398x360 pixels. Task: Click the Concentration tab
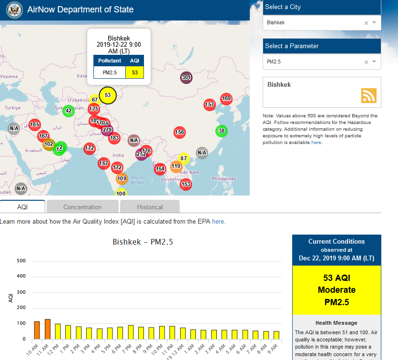tap(82, 207)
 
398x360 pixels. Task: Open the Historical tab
tap(150, 207)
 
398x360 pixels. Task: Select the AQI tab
tap(22, 207)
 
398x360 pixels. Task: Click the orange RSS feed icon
tap(368, 95)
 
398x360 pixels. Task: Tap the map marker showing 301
tap(186, 77)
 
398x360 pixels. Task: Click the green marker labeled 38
tap(221, 131)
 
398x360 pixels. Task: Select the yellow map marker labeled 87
tap(184, 158)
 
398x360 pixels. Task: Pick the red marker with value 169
tap(226, 99)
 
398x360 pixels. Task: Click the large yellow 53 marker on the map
tap(108, 95)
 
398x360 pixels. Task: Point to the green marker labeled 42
tap(68, 111)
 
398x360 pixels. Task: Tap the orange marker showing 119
tap(176, 166)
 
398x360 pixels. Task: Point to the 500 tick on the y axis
tap(21, 261)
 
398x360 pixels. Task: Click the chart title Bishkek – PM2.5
tap(143, 242)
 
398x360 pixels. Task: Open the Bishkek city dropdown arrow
tap(374, 22)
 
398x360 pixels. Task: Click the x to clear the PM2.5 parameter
tap(366, 62)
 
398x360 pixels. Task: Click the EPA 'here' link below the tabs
tap(218, 222)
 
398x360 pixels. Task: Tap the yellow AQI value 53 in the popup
tap(135, 72)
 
